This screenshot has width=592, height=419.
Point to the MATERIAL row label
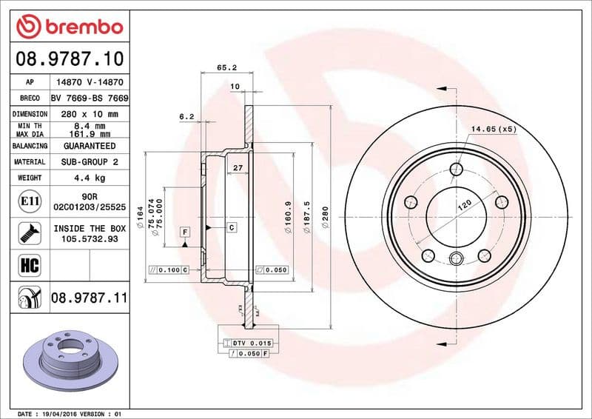click(30, 161)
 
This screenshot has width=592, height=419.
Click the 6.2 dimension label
click(186, 116)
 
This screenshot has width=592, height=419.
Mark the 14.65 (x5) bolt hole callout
click(491, 129)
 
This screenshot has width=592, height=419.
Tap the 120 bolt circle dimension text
click(464, 206)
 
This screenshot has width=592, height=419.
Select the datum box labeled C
click(232, 227)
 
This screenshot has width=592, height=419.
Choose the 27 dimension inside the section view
click(238, 169)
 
